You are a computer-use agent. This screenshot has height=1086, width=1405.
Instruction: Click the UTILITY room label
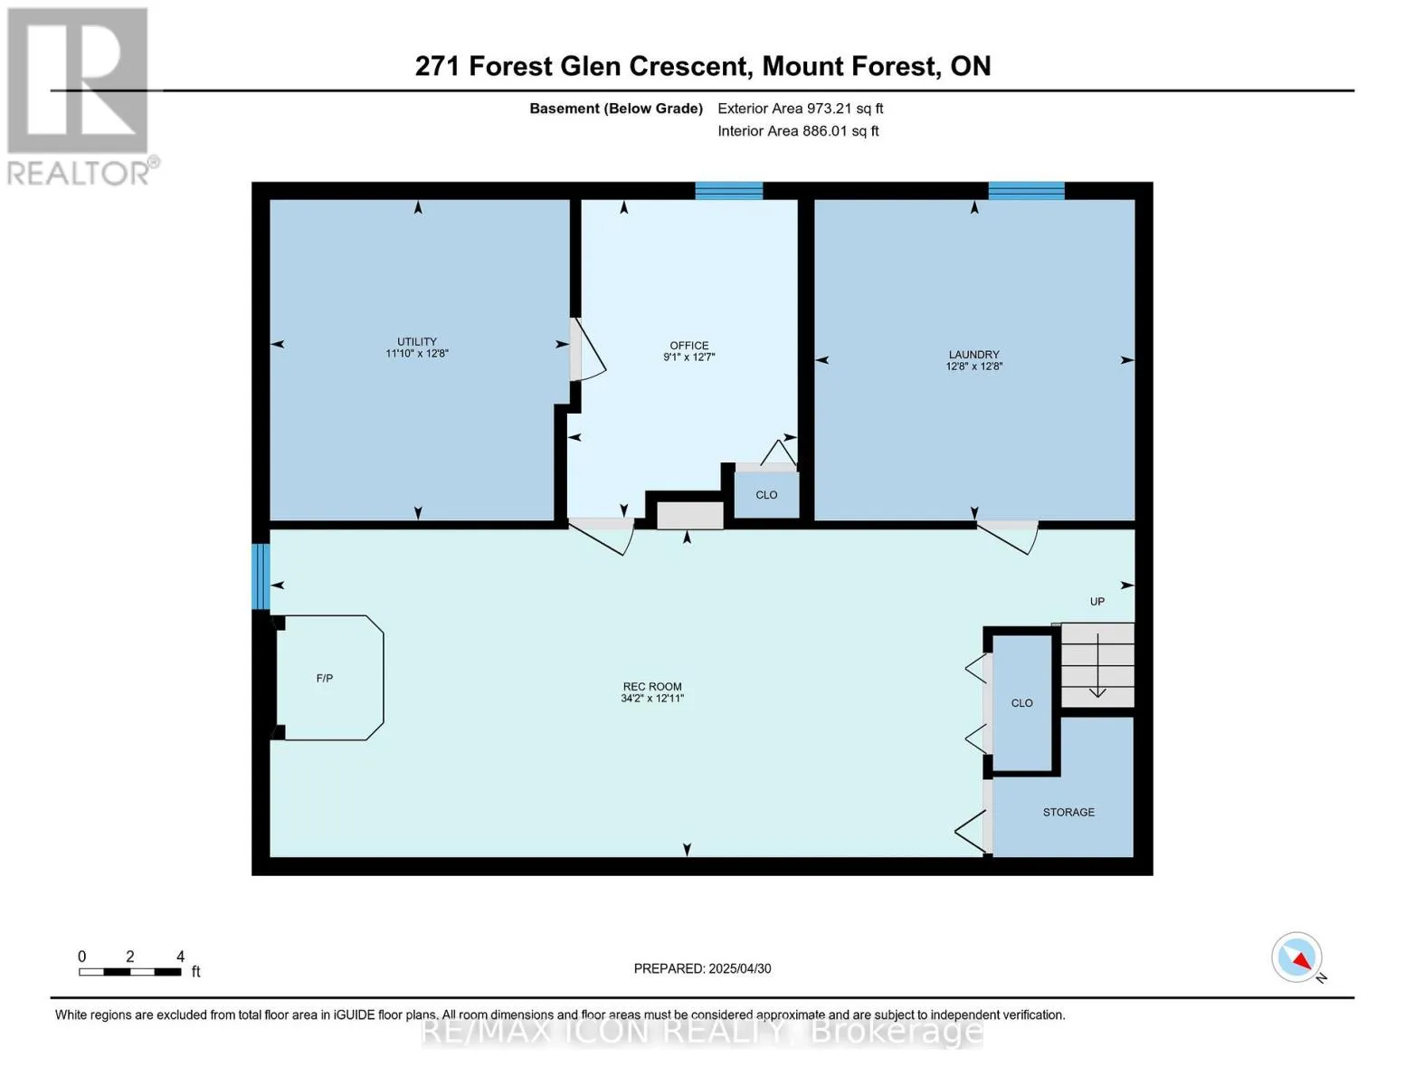click(x=417, y=341)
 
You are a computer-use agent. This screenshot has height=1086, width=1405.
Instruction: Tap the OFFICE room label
click(x=689, y=346)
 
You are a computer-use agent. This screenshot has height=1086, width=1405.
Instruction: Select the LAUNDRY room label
click(x=973, y=355)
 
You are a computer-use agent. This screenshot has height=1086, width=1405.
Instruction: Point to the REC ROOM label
click(x=651, y=686)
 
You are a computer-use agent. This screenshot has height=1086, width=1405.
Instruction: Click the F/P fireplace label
click(x=325, y=678)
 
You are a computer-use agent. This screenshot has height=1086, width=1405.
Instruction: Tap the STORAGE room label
click(x=1068, y=812)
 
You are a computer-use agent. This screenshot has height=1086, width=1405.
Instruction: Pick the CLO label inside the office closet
click(x=766, y=495)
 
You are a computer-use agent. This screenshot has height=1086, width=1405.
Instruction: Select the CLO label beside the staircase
click(x=1021, y=703)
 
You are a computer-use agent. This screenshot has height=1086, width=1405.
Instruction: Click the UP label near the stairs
click(x=1097, y=602)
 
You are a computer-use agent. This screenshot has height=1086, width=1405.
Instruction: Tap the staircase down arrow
click(x=1097, y=665)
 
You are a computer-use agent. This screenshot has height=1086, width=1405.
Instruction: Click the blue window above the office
click(x=728, y=191)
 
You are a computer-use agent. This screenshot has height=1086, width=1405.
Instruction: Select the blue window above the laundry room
click(x=1026, y=191)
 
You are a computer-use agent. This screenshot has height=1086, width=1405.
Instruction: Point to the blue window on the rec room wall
click(x=261, y=576)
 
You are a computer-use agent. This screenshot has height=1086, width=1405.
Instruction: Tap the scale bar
click(x=130, y=971)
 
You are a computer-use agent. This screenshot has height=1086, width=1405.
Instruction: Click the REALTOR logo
click(x=81, y=97)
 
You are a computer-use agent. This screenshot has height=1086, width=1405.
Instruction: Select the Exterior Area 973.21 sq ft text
click(x=801, y=109)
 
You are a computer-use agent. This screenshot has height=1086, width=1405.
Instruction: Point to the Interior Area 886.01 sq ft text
click(x=798, y=131)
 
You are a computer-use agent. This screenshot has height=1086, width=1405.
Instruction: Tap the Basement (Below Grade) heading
click(x=616, y=109)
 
